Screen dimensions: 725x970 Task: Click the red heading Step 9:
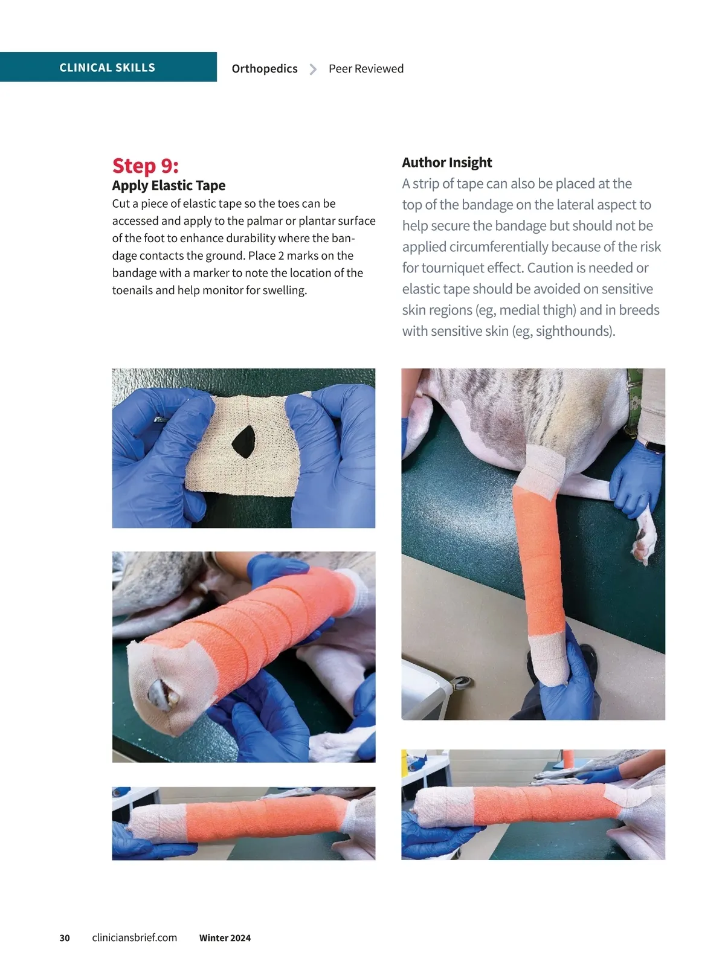[145, 165]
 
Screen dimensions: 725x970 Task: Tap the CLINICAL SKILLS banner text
[108, 68]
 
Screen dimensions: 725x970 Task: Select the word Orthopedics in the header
[265, 69]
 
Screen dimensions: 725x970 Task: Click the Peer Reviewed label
[366, 68]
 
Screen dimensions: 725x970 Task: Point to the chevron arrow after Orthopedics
[312, 69]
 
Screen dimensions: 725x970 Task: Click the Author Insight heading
[446, 162]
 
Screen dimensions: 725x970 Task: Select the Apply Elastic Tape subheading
[169, 185]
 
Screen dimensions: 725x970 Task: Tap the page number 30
[65, 938]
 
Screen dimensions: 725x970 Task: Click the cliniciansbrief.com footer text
[134, 937]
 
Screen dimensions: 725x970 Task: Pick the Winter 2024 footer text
[225, 938]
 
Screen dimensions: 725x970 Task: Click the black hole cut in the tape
[243, 442]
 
